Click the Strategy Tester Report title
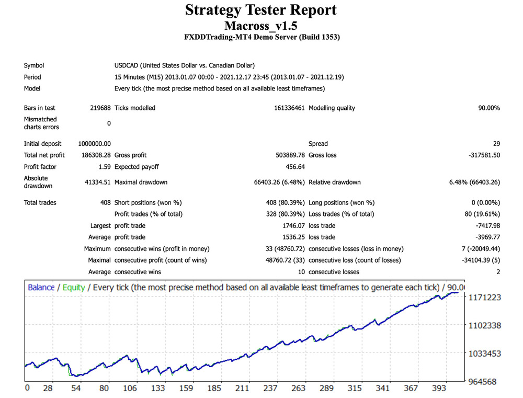coord(261,10)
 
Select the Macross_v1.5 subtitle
coord(261,25)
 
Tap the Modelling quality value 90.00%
coord(488,108)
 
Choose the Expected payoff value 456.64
coord(294,167)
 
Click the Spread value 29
coord(496,144)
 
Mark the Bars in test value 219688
coord(100,108)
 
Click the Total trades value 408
coord(105,202)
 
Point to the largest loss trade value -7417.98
coord(486,226)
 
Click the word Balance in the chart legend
coord(41,287)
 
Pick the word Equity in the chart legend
coord(74,287)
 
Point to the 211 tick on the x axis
coord(242,389)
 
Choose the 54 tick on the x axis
coord(76,389)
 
